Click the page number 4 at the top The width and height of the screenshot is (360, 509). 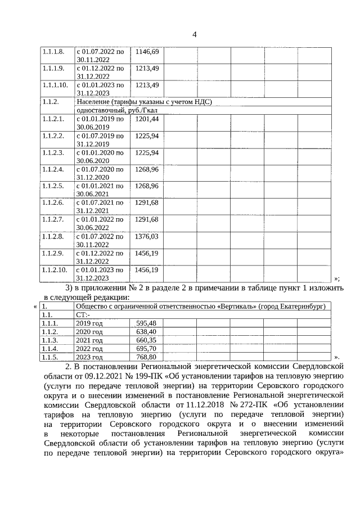click(194, 35)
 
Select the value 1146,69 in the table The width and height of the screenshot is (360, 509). click(147, 52)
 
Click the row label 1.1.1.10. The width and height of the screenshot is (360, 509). click(55, 85)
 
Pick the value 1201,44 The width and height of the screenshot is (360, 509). click(147, 119)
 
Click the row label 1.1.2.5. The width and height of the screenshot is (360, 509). click(53, 186)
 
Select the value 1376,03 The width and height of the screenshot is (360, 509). click(147, 237)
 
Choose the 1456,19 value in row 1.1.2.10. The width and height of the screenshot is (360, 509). click(147, 270)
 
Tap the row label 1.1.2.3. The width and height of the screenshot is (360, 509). click(53, 152)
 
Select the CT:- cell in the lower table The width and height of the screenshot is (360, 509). click(83, 315)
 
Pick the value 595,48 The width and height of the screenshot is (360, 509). click(146, 323)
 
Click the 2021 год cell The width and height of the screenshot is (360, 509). click(89, 340)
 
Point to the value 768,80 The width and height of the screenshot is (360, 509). click(146, 357)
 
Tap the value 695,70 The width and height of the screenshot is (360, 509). click(146, 349)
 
